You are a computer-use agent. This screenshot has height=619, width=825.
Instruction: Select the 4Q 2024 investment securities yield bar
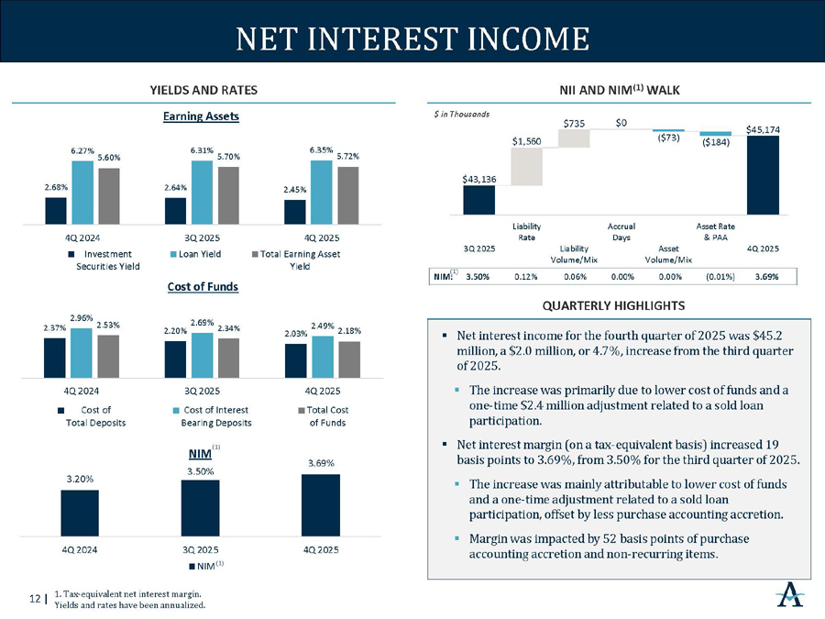pos(56,210)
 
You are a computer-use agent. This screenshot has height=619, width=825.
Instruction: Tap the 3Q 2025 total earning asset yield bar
pos(228,194)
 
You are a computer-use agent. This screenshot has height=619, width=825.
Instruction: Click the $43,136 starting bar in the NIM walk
pos(479,200)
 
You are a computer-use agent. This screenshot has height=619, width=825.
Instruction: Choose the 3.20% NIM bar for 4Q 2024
pos(80,513)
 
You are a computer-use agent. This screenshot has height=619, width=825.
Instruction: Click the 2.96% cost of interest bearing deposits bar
pos(81,353)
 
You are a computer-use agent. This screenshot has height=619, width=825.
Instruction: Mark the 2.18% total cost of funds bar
pos(349,359)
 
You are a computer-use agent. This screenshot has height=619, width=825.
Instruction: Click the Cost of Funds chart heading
pos(203,287)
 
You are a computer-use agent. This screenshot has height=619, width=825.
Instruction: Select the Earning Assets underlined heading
pos(203,116)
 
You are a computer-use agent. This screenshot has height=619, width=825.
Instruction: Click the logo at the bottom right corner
pos(789,598)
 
